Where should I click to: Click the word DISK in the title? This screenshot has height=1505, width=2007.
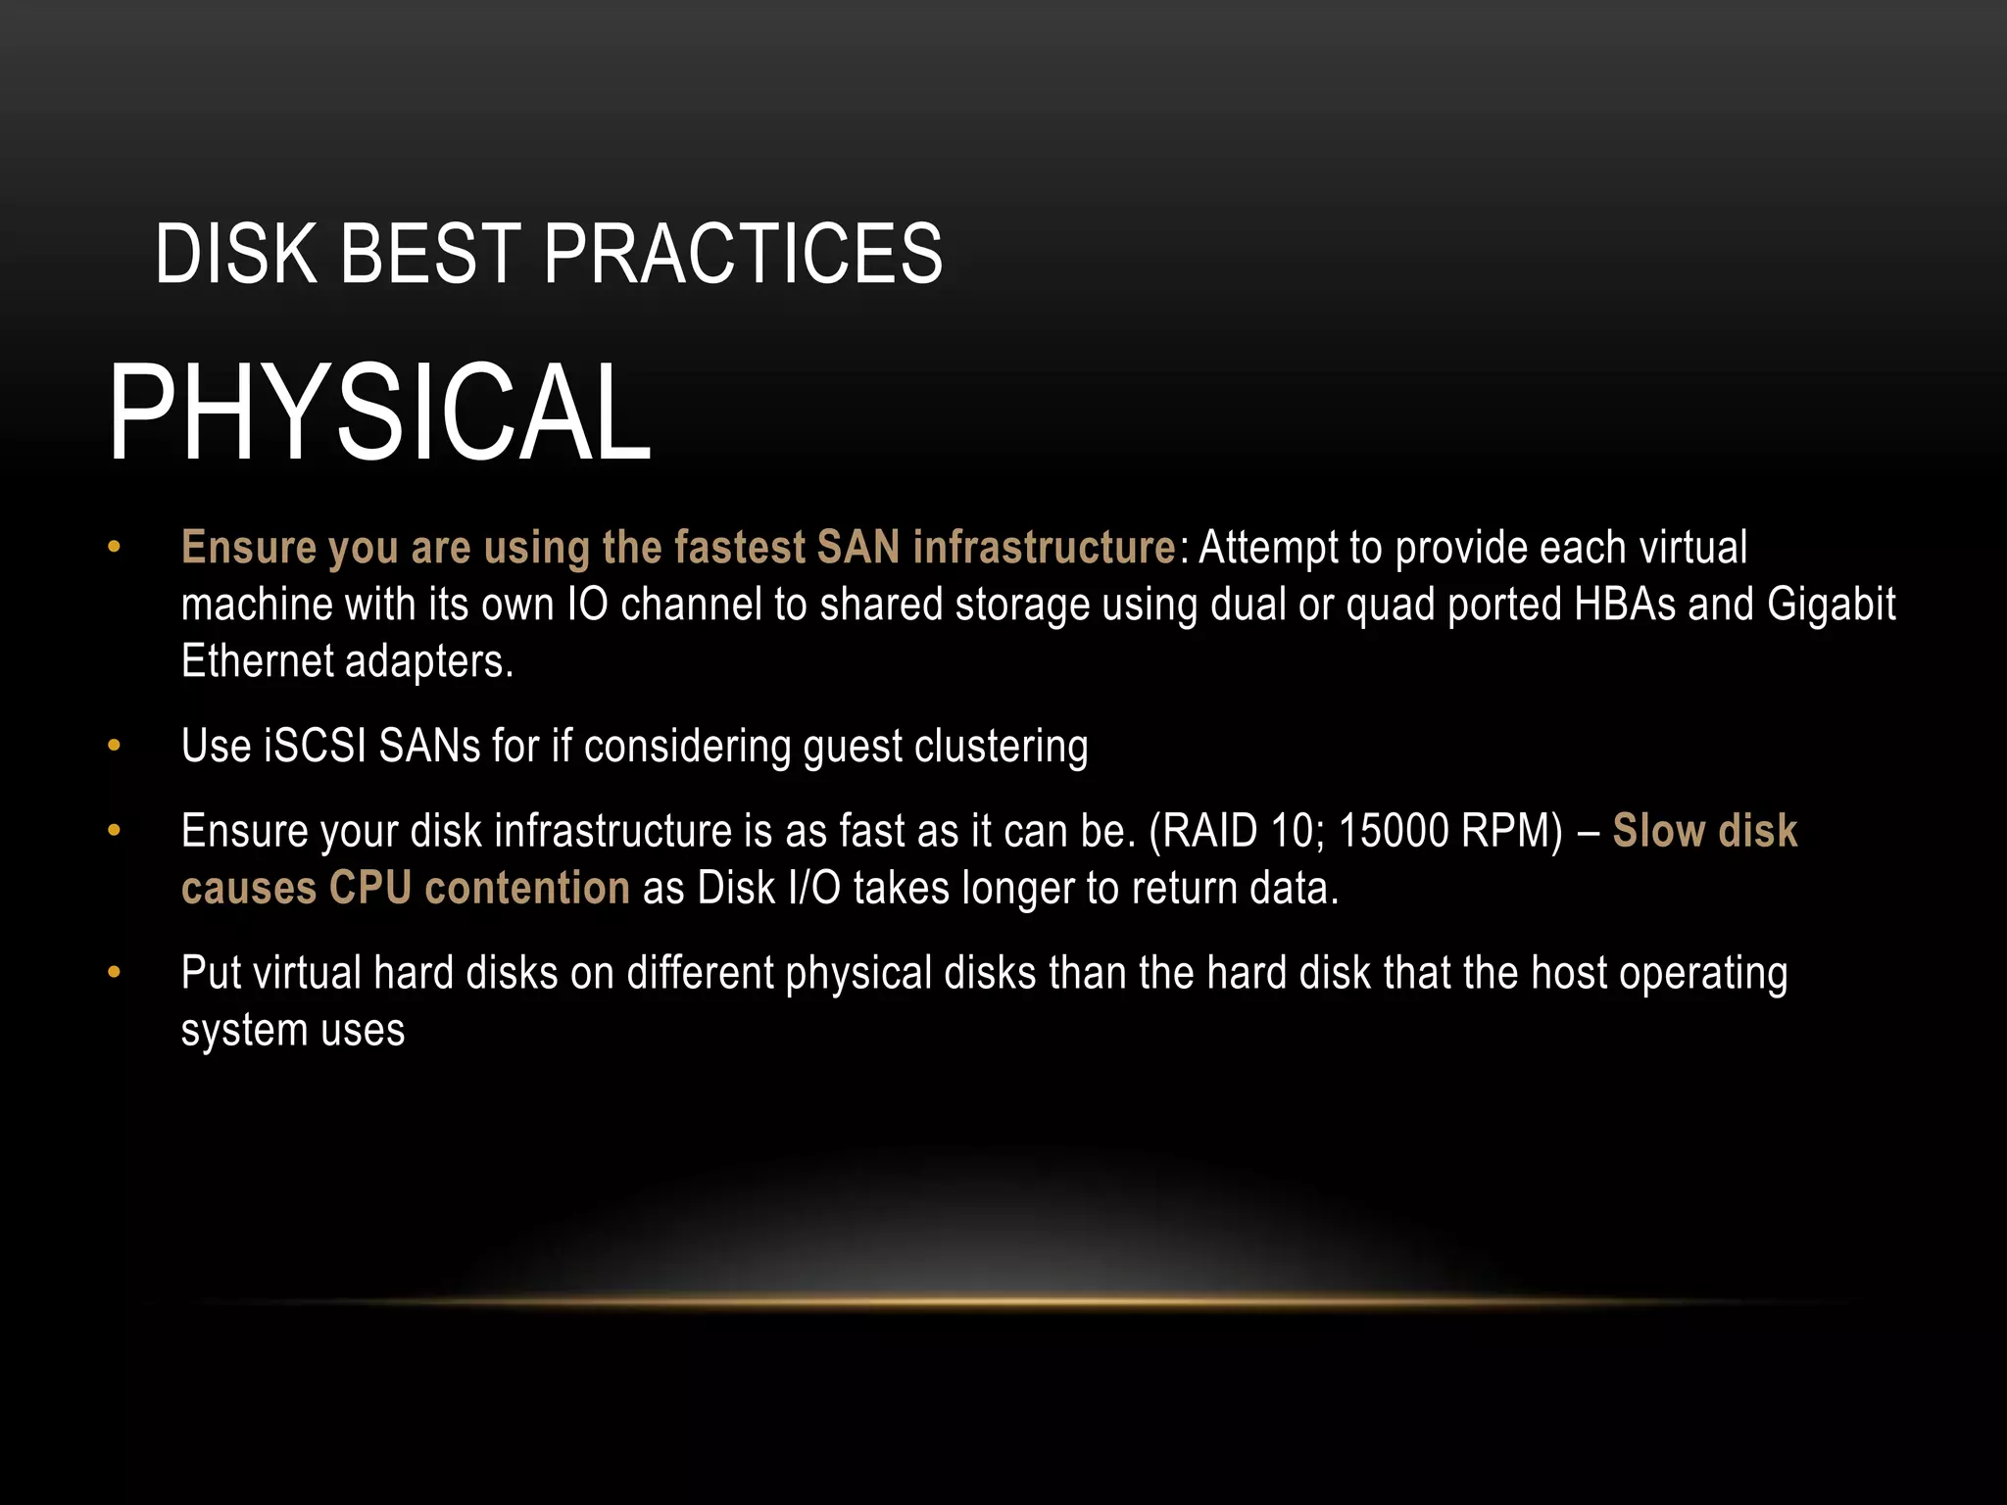[x=236, y=254]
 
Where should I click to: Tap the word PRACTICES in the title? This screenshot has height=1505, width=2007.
[x=743, y=254]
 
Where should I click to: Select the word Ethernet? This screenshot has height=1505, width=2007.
[x=258, y=660]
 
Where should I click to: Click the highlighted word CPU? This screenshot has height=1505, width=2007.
[x=370, y=888]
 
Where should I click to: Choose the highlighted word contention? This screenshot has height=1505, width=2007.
[x=527, y=888]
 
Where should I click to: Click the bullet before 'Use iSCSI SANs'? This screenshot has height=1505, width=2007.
[x=115, y=746]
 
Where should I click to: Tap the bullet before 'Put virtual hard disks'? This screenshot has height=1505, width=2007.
[x=115, y=973]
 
